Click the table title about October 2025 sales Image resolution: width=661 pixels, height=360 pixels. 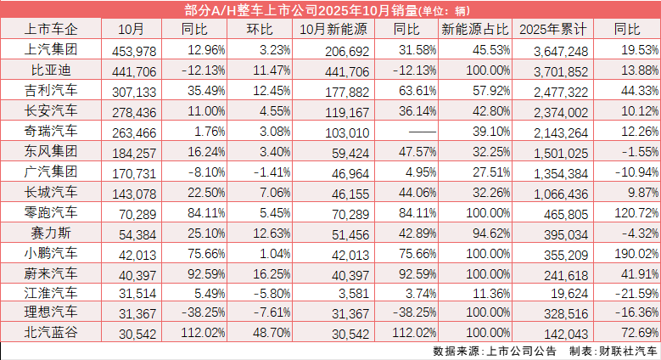click(330, 9)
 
